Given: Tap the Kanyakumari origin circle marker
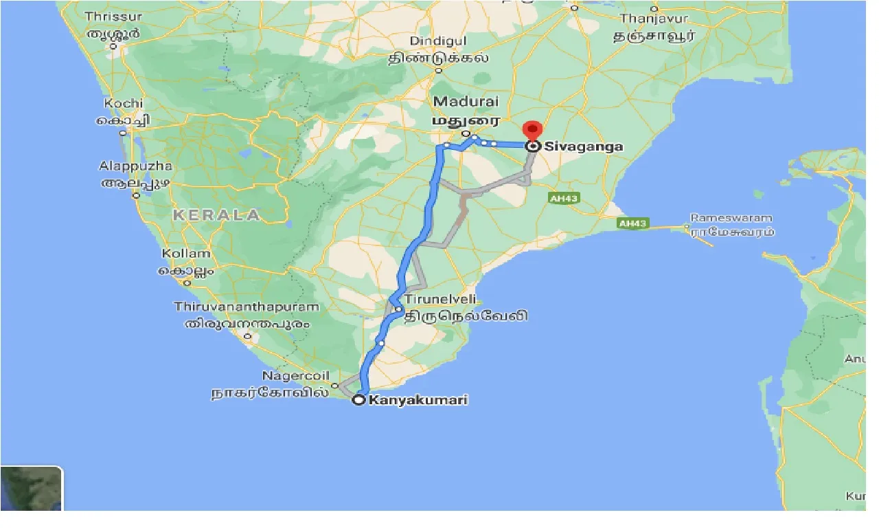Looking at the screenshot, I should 358,399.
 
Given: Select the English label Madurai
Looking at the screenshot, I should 465,102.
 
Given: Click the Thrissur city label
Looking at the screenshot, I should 113,16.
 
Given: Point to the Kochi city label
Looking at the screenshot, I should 124,104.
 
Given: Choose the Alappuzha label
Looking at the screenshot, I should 136,166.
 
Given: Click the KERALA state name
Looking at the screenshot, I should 216,215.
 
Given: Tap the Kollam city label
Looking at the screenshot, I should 185,254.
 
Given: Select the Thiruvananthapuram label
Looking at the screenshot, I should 247,307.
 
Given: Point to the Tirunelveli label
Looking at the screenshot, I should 439,300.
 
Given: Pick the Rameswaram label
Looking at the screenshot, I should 731,218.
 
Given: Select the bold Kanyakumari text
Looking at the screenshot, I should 418,400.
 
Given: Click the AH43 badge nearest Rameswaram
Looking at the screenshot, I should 632,223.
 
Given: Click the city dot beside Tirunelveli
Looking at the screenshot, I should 398,310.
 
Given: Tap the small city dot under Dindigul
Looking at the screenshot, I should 438,70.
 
